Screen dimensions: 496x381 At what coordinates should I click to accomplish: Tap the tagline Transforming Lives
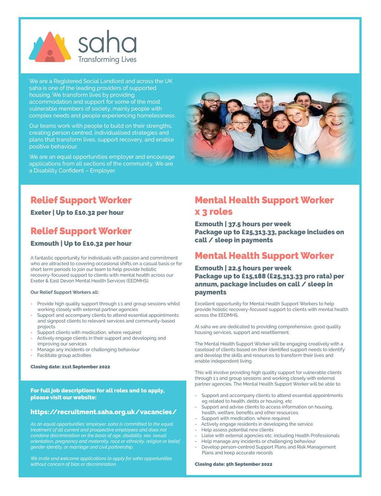(107, 60)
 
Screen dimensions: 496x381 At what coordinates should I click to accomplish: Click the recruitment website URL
(103, 412)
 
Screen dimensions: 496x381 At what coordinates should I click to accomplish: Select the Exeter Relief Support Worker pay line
(77, 213)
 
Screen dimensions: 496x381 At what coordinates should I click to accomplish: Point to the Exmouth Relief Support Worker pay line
(81, 243)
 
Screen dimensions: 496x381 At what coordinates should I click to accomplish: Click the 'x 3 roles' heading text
(213, 212)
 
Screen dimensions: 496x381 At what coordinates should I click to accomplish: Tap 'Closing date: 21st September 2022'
(70, 367)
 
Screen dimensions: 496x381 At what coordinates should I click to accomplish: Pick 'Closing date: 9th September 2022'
(233, 464)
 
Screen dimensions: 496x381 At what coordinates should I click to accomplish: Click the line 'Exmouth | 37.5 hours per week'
(243, 224)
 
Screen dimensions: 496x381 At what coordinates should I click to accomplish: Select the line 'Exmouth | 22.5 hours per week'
(243, 268)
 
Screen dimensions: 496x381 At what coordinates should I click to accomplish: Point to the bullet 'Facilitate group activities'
(64, 355)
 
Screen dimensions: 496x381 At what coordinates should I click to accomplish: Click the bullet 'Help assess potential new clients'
(237, 430)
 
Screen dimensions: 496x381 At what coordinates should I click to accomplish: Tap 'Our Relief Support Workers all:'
(64, 292)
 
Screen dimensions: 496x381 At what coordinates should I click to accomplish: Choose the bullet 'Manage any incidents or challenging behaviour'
(88, 350)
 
